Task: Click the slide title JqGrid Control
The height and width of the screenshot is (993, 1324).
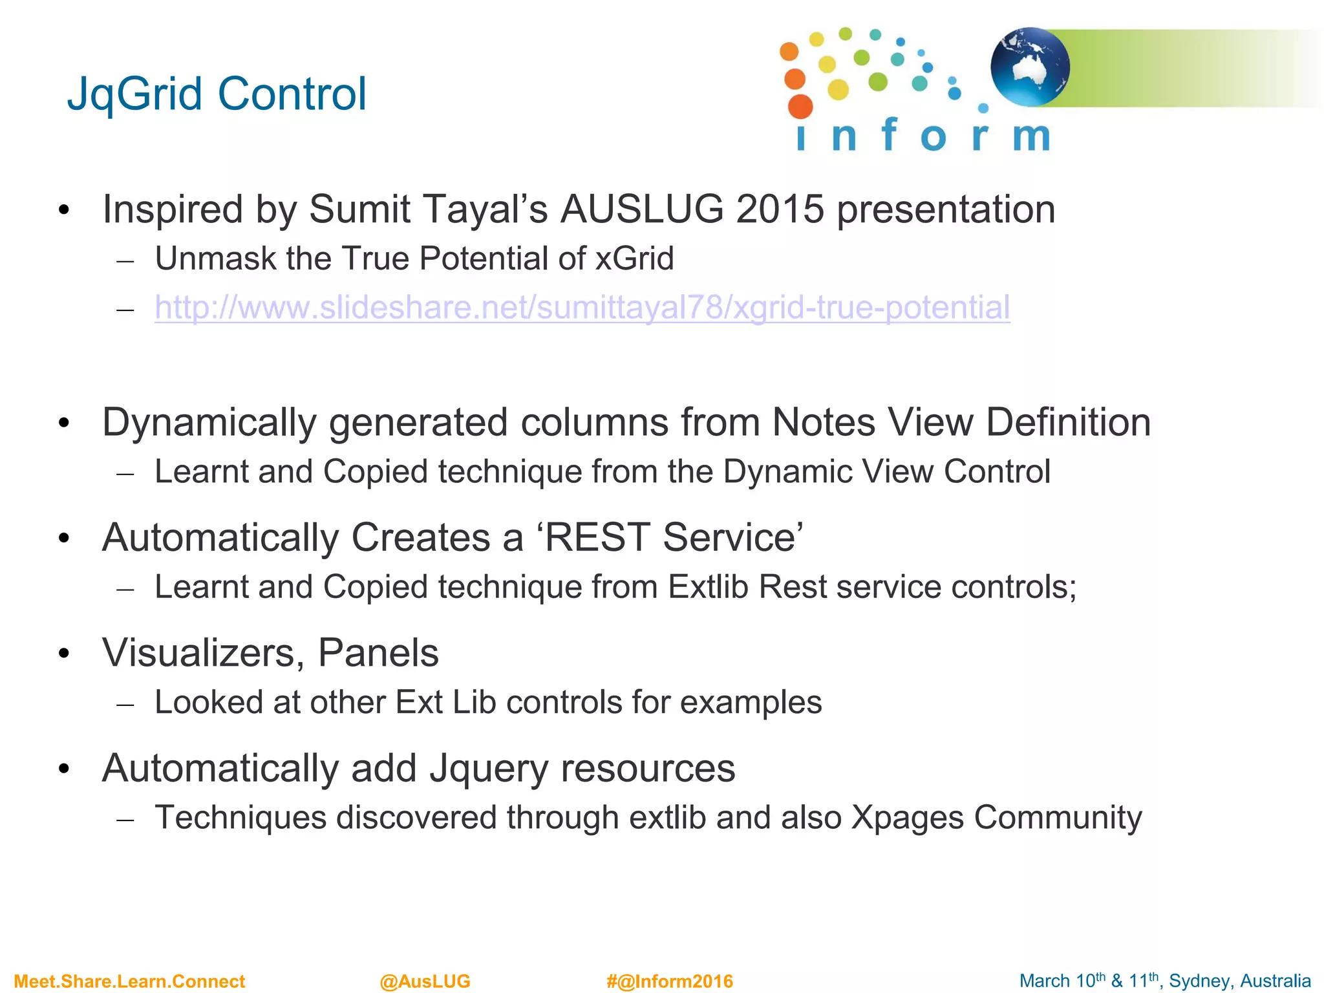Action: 217,94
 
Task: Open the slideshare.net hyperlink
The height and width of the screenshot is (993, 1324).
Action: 582,308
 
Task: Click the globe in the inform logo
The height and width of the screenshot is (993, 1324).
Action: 1030,67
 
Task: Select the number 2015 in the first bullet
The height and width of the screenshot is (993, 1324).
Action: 780,209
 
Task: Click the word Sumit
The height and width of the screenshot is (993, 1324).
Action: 359,209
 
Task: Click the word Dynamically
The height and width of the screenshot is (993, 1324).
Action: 209,423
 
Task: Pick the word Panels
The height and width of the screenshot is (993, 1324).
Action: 378,653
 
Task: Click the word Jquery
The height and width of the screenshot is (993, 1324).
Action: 488,769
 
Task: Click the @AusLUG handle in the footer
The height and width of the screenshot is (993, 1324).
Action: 425,981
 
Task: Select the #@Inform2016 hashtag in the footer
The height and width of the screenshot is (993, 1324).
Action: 670,981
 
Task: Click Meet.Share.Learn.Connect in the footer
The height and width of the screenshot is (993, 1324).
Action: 129,981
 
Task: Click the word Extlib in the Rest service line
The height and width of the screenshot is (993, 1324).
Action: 708,587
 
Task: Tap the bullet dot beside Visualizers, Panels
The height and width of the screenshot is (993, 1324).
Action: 63,654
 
